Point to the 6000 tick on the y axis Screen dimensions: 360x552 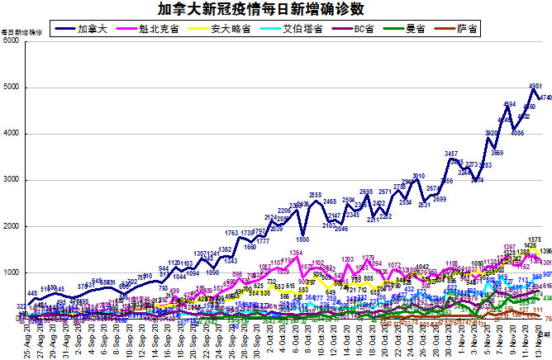(11, 41)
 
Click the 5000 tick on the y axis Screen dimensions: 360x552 (11, 88)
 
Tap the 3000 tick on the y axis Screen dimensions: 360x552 (11, 180)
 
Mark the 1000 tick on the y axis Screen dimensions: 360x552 (11, 272)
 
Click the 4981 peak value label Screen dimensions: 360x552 (535, 85)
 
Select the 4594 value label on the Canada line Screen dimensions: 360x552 (511, 104)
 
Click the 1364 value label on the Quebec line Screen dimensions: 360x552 (296, 253)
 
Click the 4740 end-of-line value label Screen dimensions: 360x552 (546, 97)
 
